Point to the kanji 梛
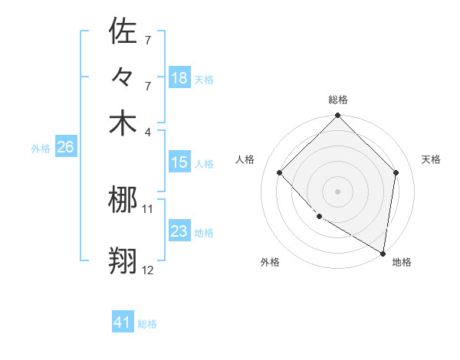click(123, 201)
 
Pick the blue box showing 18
click(179, 78)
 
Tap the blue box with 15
click(179, 162)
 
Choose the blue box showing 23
click(179, 231)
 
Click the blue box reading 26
click(65, 148)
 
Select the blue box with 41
click(123, 322)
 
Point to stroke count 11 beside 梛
click(148, 208)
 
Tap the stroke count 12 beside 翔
click(148, 270)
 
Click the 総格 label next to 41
click(147, 324)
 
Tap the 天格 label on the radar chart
click(431, 159)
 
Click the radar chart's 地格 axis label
click(402, 262)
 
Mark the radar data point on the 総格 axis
click(337, 116)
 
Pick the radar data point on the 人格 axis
click(280, 173)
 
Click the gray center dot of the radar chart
click(337, 191)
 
